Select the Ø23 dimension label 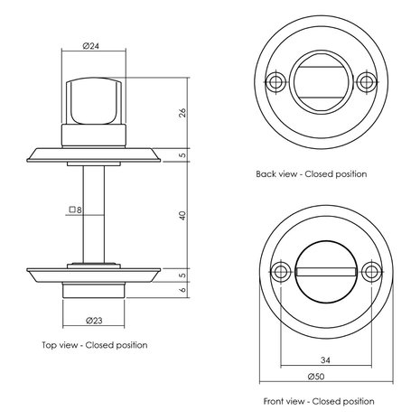(94, 320)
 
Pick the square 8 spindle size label (75, 210)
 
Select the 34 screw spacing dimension (323, 359)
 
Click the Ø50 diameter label (323, 378)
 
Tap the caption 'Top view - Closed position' (95, 344)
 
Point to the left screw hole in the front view (283, 271)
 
